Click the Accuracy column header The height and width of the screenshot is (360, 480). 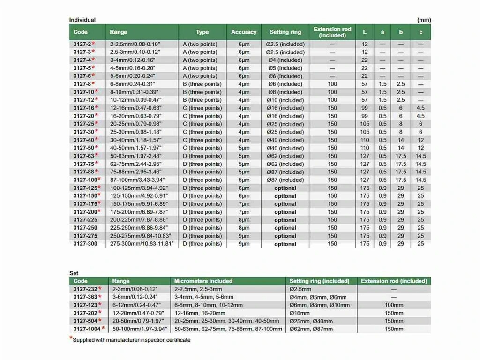244,32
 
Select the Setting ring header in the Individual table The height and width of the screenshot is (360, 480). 285,32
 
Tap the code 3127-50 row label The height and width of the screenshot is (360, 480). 83,148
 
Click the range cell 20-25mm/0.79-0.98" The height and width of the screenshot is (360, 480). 134,124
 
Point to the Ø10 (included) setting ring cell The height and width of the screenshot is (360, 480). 285,100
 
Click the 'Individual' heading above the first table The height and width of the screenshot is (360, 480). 82,20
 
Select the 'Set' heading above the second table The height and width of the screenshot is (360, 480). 74,273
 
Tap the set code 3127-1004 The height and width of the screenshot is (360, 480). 87,329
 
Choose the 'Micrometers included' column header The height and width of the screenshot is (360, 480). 203,281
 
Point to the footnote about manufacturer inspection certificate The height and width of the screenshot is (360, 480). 131,340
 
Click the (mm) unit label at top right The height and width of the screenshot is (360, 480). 424,20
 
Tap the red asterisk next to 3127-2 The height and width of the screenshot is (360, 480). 93,44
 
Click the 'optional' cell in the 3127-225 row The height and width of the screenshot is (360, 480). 285,220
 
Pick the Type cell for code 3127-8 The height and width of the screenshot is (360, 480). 202,84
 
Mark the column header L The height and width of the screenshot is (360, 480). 365,32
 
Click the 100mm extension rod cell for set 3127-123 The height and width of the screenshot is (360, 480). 394,305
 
